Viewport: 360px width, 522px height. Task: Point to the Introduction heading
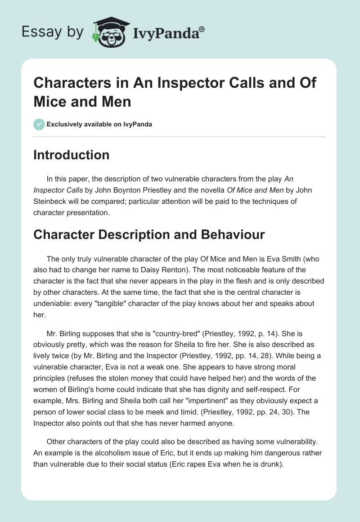(x=72, y=155)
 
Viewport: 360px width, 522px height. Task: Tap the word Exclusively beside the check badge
(x=63, y=124)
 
